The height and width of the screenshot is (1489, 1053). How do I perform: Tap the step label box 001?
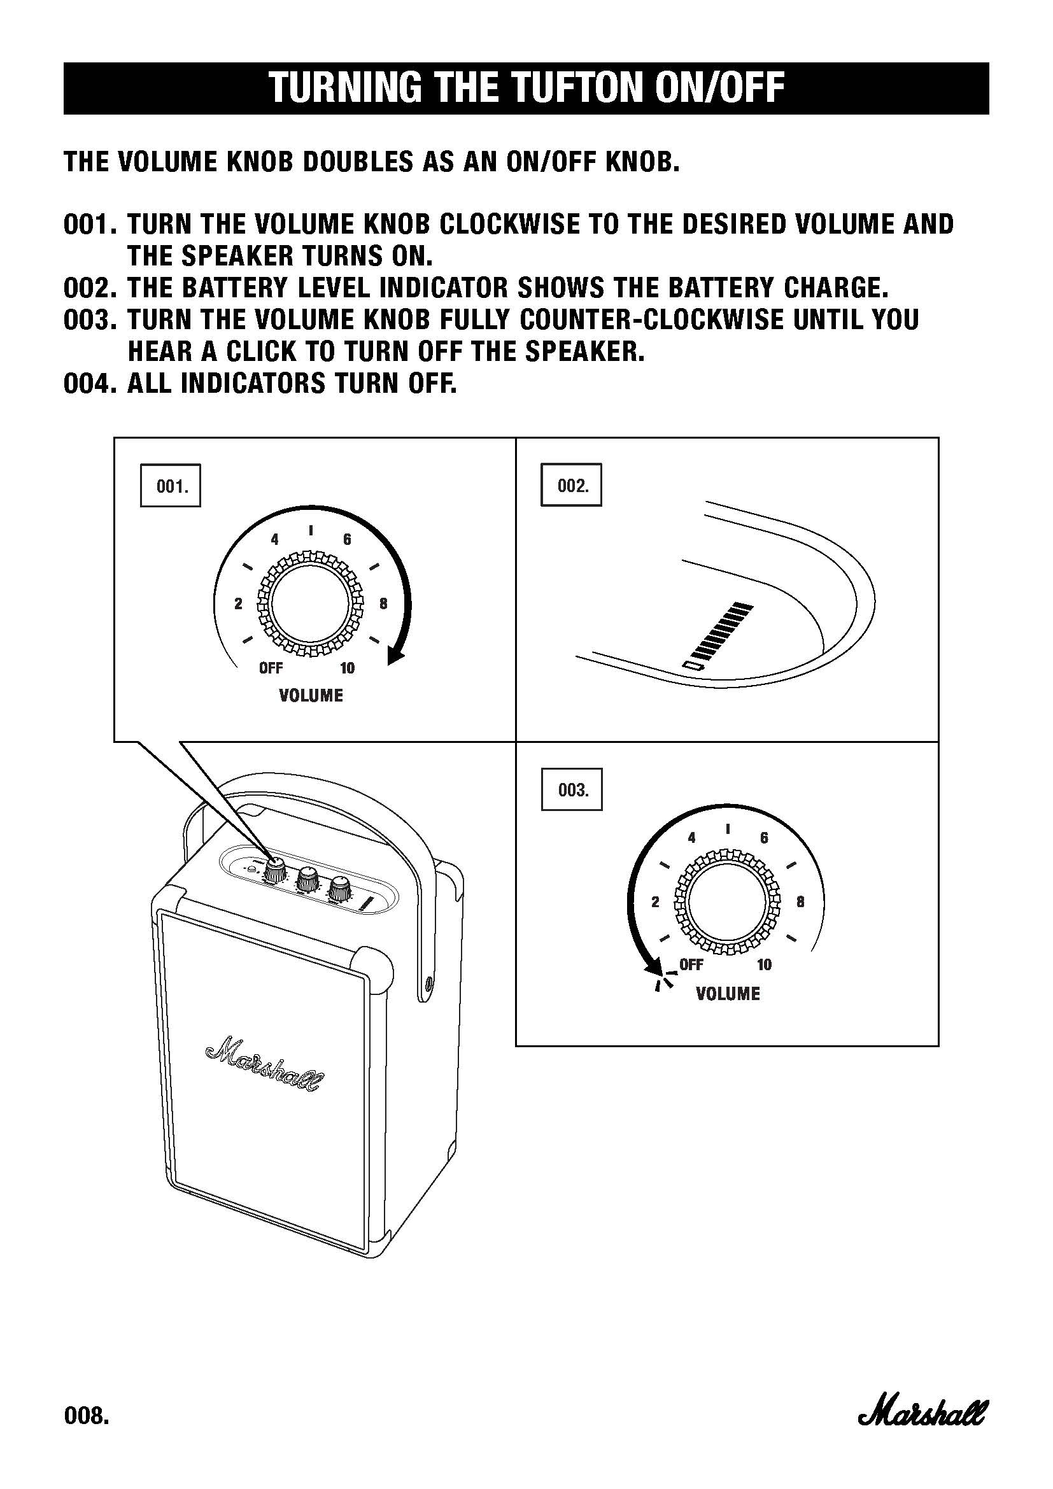(171, 485)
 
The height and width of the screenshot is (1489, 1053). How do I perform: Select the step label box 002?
(571, 485)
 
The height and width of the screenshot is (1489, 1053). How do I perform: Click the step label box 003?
(571, 789)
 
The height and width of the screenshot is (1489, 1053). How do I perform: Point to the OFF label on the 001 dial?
(271, 668)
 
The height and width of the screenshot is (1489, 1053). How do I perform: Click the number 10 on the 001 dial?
(348, 668)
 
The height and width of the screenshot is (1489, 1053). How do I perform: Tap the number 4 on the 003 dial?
(691, 838)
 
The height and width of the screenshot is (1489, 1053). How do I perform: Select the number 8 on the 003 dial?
(800, 901)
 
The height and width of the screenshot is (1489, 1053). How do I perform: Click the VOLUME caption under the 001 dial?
(311, 696)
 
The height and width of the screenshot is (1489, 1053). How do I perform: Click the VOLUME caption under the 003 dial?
(728, 994)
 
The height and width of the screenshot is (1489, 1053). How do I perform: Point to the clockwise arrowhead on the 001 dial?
(395, 656)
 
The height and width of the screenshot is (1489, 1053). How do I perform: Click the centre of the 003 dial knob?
(728, 902)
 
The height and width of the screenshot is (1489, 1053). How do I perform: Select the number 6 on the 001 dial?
(347, 540)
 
